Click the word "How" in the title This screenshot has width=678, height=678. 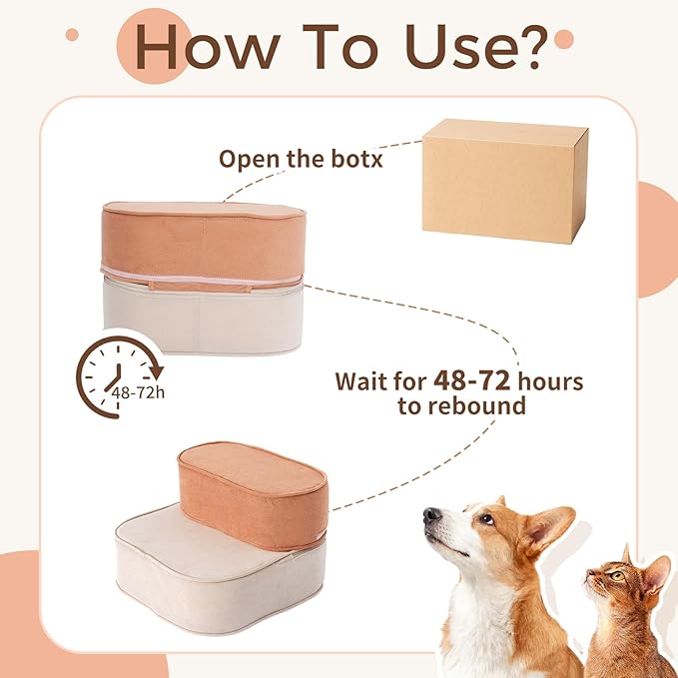tap(208, 47)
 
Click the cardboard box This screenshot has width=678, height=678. tap(504, 181)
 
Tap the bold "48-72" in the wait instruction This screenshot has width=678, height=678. tap(471, 381)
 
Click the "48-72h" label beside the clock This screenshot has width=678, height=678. tap(138, 393)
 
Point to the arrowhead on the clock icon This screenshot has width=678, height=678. tap(156, 371)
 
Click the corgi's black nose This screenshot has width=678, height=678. tap(431, 515)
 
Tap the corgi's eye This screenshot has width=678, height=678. tap(487, 519)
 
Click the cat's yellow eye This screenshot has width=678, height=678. tap(617, 576)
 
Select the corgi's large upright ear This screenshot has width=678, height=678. tap(550, 528)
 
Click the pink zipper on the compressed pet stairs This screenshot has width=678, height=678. tap(202, 278)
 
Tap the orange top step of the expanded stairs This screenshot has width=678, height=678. tap(253, 495)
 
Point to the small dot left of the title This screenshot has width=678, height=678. tap(72, 35)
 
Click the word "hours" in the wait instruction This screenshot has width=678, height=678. tap(550, 381)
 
